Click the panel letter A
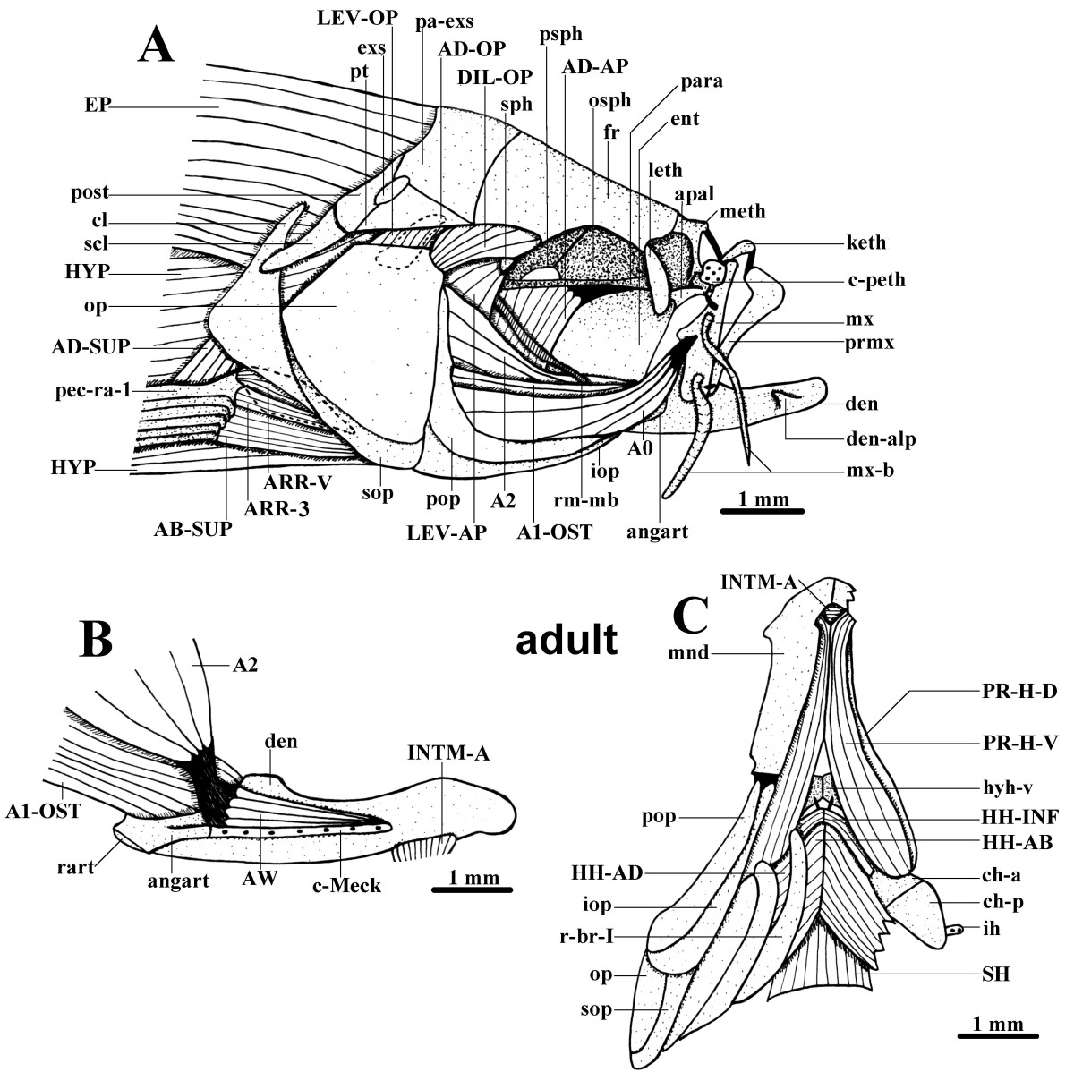click(x=156, y=44)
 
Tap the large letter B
click(x=108, y=640)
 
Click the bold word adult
click(x=567, y=640)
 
